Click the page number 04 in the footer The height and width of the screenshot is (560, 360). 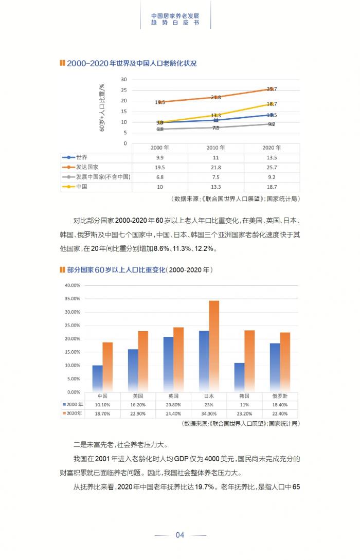(x=180, y=535)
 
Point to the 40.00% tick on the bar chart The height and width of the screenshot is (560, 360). (x=72, y=285)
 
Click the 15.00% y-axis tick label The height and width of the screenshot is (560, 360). (x=72, y=352)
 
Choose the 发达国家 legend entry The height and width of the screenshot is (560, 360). (x=87, y=167)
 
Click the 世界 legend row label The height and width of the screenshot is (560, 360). (x=81, y=157)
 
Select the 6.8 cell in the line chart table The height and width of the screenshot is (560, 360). (x=159, y=177)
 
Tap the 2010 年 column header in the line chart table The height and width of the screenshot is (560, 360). (x=216, y=147)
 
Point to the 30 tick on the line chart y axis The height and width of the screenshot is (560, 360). (x=123, y=79)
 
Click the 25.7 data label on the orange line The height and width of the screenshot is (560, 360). (x=272, y=89)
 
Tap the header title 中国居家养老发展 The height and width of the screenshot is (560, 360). (x=175, y=15)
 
